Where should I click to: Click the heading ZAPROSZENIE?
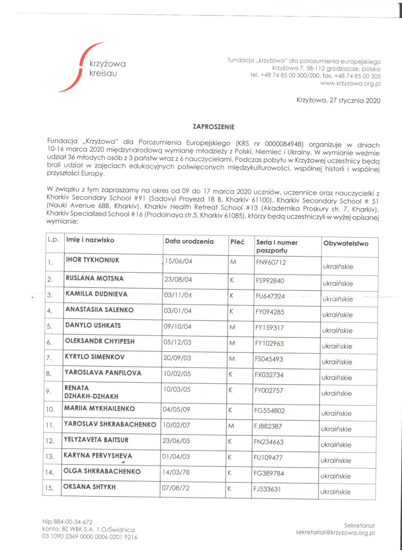(213, 127)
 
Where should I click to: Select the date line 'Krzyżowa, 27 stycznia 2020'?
(338, 101)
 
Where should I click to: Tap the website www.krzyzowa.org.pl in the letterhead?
(350, 83)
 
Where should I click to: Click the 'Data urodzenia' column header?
(189, 242)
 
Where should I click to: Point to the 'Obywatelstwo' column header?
(346, 243)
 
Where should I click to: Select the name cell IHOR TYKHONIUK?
(92, 260)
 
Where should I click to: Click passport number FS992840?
(270, 281)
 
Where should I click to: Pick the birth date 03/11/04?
(178, 295)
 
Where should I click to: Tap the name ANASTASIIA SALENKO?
(99, 310)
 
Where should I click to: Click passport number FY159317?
(269, 328)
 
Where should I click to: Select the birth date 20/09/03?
(177, 358)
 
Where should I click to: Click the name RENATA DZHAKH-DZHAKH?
(91, 392)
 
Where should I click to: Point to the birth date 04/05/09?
(176, 410)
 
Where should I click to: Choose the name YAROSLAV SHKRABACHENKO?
(110, 424)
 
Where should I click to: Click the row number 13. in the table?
(50, 457)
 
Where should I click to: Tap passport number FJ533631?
(267, 489)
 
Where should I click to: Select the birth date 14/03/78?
(176, 472)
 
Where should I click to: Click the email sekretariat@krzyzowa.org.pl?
(335, 533)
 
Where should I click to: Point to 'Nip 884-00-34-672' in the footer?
(67, 522)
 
